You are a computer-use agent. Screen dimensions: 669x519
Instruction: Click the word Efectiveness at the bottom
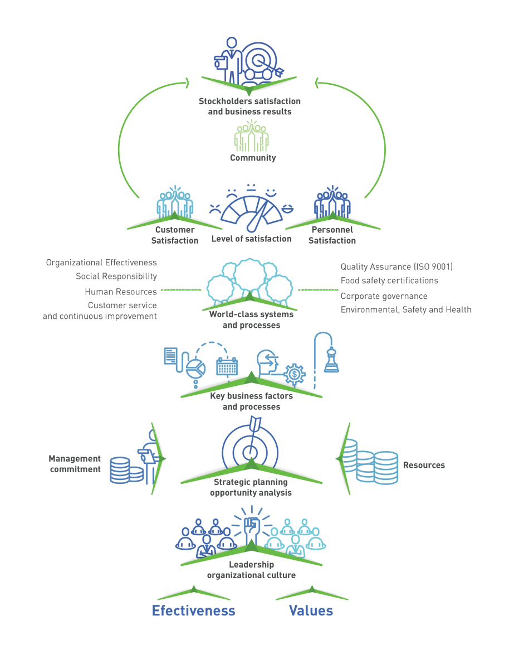coord(194,610)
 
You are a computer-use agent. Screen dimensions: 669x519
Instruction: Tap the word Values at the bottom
coord(311,610)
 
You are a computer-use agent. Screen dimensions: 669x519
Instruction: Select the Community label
coord(253,158)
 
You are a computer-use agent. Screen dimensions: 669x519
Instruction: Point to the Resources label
coord(424,465)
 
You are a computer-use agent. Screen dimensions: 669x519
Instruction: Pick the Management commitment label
coord(75,464)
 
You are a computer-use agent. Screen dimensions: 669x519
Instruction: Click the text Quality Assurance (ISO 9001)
coord(396,267)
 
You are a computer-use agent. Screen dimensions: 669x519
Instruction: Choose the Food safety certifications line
coord(389,281)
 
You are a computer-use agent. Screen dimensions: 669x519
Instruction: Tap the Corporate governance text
coord(384,296)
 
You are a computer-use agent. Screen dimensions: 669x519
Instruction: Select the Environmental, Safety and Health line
coord(406,310)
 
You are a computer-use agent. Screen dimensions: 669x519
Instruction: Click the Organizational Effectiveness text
coord(101,263)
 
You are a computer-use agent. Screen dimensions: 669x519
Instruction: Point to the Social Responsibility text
coord(116,276)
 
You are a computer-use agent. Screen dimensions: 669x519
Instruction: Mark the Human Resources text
coord(121,292)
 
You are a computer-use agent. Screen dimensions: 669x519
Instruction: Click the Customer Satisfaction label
coord(175,235)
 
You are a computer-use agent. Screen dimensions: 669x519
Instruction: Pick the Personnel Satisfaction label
coord(332,235)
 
